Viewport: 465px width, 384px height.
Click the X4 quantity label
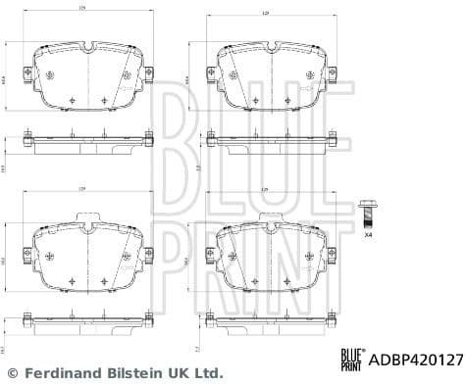pyautogui.click(x=368, y=236)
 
